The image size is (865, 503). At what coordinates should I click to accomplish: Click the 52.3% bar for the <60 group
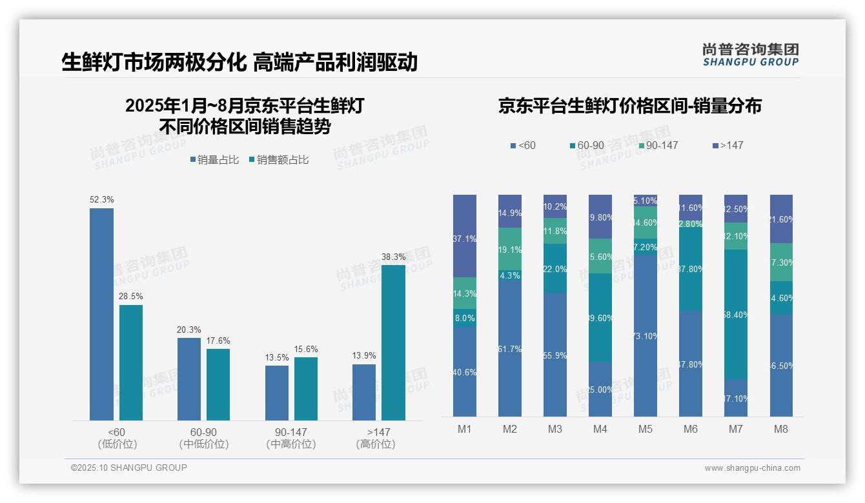pyautogui.click(x=101, y=314)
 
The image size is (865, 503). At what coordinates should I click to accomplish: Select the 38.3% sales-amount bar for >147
pyautogui.click(x=393, y=342)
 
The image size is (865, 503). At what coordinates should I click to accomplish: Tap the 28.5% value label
pyautogui.click(x=131, y=297)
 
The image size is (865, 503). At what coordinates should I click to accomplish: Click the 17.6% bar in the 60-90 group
pyautogui.click(x=218, y=384)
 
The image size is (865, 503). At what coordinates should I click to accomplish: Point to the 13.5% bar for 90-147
pyautogui.click(x=277, y=393)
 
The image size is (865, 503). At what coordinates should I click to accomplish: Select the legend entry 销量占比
pyautogui.click(x=214, y=160)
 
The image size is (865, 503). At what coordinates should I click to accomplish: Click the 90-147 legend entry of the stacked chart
pyautogui.click(x=658, y=146)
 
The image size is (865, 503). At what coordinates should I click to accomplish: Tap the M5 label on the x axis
pyautogui.click(x=646, y=429)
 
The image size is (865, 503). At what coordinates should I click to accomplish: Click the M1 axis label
pyautogui.click(x=465, y=429)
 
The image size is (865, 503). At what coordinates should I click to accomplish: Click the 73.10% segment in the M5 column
pyautogui.click(x=646, y=335)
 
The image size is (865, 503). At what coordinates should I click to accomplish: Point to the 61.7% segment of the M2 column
pyautogui.click(x=510, y=348)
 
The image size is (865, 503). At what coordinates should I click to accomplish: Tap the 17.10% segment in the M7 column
pyautogui.click(x=736, y=398)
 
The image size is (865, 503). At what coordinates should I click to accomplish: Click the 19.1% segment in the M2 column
pyautogui.click(x=510, y=249)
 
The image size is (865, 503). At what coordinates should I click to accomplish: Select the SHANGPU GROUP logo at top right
pyautogui.click(x=750, y=55)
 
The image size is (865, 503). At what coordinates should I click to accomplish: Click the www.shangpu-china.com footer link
pyautogui.click(x=752, y=468)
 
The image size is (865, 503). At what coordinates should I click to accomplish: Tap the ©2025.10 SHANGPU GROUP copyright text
pyautogui.click(x=129, y=468)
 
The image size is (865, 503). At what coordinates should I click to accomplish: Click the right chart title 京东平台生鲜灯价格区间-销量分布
pyautogui.click(x=629, y=106)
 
